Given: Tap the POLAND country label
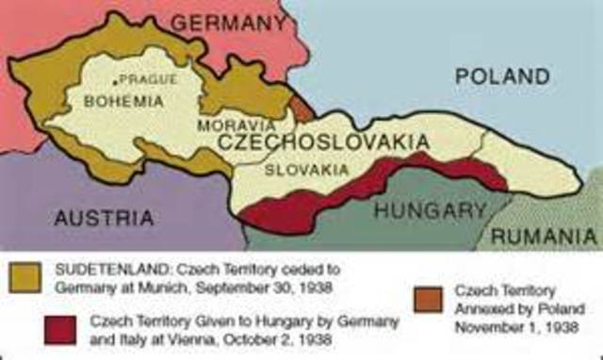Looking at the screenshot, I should pos(502,76).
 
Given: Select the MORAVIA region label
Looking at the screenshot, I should pos(236,124).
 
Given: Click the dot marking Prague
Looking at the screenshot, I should pos(115,81).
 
